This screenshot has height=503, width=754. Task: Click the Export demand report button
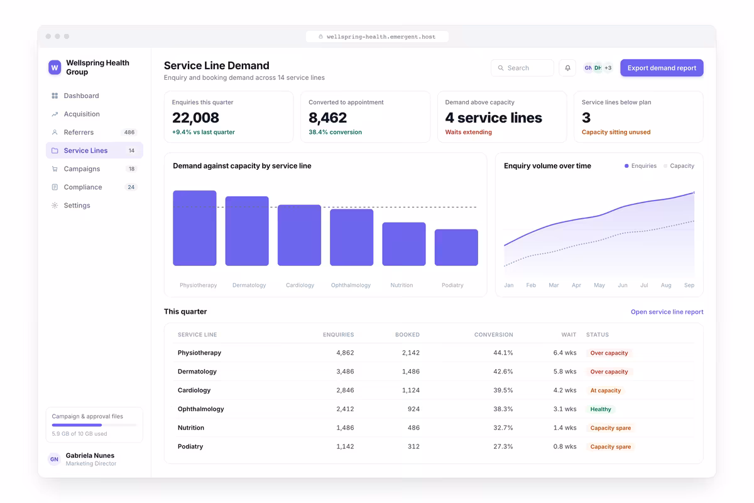pyautogui.click(x=662, y=68)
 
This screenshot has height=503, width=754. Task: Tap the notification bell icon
pyautogui.click(x=567, y=68)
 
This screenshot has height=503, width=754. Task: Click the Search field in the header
pyautogui.click(x=522, y=68)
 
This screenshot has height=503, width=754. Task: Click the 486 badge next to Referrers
pyautogui.click(x=129, y=132)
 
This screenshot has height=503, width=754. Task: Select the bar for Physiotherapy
pyautogui.click(x=195, y=228)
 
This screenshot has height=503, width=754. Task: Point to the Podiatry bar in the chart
pyautogui.click(x=456, y=247)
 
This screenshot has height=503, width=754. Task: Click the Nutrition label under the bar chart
pyautogui.click(x=402, y=285)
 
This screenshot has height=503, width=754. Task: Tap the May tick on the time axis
pyautogui.click(x=599, y=285)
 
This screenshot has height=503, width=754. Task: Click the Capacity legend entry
pyautogui.click(x=679, y=166)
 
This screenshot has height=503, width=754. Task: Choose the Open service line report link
pyautogui.click(x=667, y=312)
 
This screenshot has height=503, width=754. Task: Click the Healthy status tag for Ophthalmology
pyautogui.click(x=601, y=409)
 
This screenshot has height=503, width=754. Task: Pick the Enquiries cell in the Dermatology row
pyautogui.click(x=345, y=371)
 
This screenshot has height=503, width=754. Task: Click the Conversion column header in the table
pyautogui.click(x=493, y=334)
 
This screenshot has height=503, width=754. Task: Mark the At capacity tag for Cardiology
pyautogui.click(x=605, y=390)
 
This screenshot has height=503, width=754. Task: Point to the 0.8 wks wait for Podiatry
pyautogui.click(x=564, y=446)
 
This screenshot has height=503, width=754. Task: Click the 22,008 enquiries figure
pyautogui.click(x=195, y=118)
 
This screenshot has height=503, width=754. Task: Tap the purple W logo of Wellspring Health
pyautogui.click(x=55, y=67)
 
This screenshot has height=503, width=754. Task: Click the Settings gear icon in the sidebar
pyautogui.click(x=55, y=205)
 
